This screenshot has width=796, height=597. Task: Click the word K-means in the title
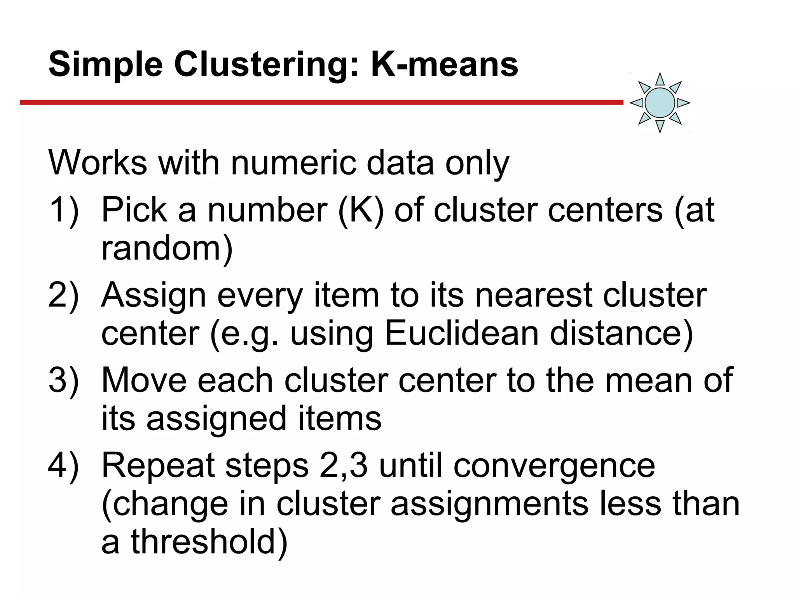444,64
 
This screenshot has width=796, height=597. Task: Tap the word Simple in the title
105,65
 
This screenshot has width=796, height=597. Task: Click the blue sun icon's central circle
660,103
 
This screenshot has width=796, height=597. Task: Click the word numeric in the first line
293,163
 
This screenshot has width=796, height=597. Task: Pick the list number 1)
63,210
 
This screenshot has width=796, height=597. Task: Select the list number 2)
63,295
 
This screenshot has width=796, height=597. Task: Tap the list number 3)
63,380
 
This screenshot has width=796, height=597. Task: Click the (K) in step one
361,210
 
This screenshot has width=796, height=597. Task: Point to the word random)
167,249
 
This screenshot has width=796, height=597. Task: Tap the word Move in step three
144,380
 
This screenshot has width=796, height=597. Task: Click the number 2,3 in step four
343,466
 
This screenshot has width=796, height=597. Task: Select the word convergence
554,466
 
